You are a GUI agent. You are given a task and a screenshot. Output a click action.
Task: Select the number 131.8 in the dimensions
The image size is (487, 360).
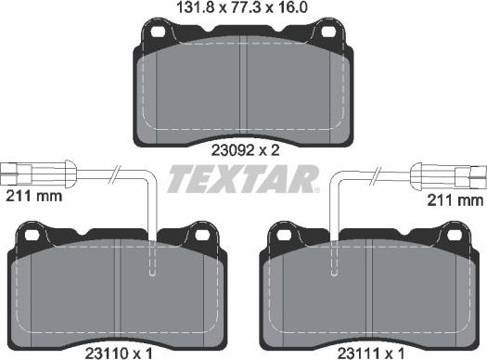168,7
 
